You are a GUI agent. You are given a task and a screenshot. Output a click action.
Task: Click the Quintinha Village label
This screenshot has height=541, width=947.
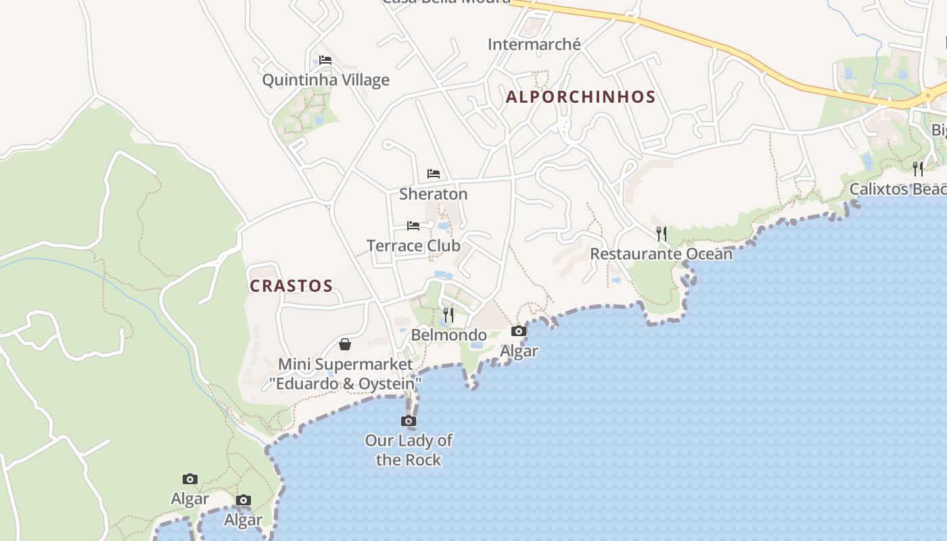tap(325, 80)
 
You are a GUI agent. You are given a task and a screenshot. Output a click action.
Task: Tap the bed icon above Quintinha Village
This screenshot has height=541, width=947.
tap(325, 60)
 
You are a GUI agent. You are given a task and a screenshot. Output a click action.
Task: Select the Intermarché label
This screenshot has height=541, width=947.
tap(534, 44)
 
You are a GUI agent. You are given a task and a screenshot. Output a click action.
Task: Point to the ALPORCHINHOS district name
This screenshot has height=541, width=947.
tap(581, 97)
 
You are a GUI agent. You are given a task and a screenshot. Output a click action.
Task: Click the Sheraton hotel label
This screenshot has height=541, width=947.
tap(433, 194)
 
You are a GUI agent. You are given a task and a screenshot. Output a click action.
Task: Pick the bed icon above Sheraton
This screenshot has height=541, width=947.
tap(434, 174)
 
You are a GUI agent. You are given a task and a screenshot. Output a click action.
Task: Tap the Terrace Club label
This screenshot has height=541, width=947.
tap(413, 245)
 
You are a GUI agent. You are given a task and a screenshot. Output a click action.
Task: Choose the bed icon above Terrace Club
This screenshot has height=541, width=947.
tap(413, 225)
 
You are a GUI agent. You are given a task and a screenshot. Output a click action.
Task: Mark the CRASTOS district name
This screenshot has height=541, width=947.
tap(292, 285)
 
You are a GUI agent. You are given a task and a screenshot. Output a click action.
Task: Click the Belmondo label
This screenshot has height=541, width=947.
tap(448, 335)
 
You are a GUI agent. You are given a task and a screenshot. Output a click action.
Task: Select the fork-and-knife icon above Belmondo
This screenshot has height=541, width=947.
tap(448, 314)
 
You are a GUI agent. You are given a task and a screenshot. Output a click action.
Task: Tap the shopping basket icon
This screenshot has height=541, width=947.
tap(345, 344)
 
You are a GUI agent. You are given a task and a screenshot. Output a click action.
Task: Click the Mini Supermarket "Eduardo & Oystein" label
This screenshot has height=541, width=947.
tap(346, 374)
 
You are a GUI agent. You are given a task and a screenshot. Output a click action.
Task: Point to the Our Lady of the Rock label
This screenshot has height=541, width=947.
tap(409, 450)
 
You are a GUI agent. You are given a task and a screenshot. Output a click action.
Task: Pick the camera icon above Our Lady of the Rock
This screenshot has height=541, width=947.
tap(409, 421)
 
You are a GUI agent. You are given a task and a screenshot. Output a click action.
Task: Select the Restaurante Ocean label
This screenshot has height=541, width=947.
tap(661, 254)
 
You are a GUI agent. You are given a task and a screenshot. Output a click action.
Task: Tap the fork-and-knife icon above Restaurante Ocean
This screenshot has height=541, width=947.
tap(662, 234)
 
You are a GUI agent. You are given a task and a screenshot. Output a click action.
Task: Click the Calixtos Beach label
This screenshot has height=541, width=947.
tap(898, 189)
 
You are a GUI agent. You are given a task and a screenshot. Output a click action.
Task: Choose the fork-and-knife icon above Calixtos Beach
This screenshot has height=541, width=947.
tap(918, 168)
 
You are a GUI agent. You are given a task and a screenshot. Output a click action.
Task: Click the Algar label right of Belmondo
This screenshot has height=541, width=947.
tap(519, 351)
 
